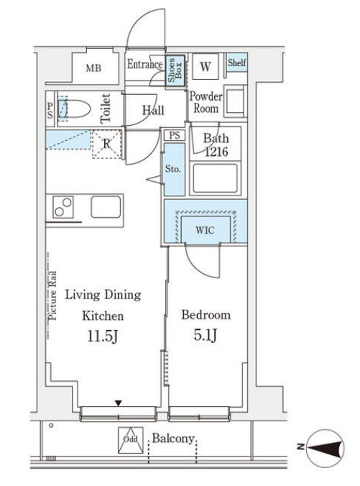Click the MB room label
click(x=93, y=68)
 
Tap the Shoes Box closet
click(x=175, y=70)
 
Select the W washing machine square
click(x=206, y=67)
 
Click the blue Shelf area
click(x=237, y=63)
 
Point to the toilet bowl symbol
click(x=74, y=109)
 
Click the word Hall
click(x=153, y=110)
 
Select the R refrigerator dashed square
click(x=107, y=144)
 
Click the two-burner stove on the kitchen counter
click(x=63, y=207)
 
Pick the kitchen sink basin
click(x=106, y=206)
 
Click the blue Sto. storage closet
click(x=175, y=169)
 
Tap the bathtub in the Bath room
click(x=216, y=178)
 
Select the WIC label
click(x=205, y=230)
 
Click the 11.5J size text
click(x=103, y=336)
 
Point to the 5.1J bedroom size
click(x=206, y=335)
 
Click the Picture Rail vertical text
click(x=52, y=295)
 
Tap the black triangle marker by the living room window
click(x=119, y=403)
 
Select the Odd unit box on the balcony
click(x=131, y=440)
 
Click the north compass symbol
click(x=325, y=448)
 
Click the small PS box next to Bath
click(x=175, y=135)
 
